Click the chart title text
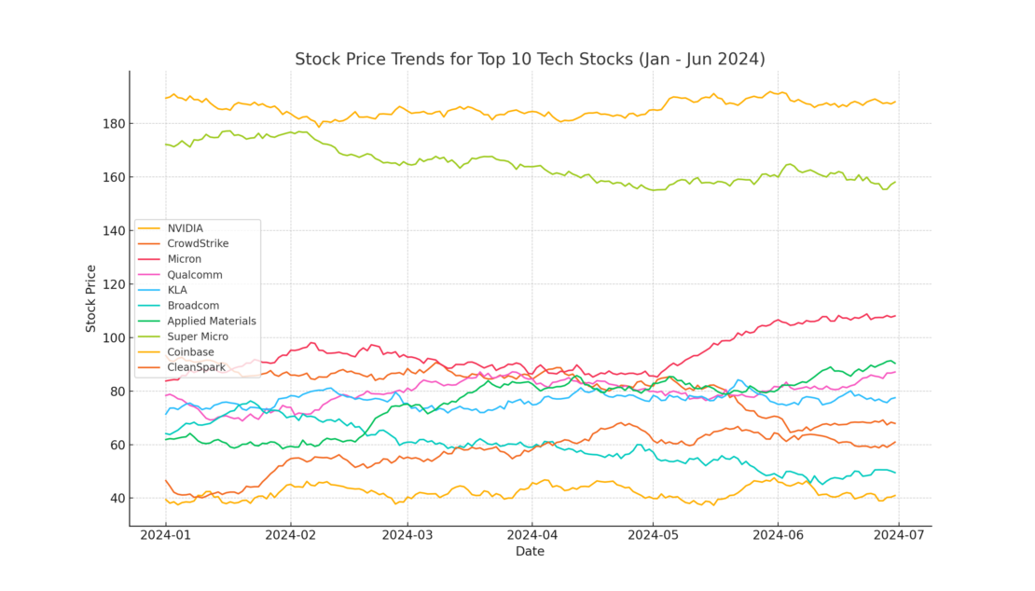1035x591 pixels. pos(530,60)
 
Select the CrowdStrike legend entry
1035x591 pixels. pos(198,243)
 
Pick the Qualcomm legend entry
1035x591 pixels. pos(195,275)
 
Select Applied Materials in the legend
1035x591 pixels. pos(212,321)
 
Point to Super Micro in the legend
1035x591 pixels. pos(198,337)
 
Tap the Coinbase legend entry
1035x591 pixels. pos(191,352)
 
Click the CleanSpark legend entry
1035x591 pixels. pos(197,367)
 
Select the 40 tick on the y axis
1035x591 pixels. pos(116,499)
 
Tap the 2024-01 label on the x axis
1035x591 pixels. pos(165,535)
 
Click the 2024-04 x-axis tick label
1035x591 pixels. pos(531,535)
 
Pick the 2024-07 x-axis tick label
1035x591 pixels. pos(898,535)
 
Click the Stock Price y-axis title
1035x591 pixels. pos(90,298)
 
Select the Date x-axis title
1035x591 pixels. pos(530,552)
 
